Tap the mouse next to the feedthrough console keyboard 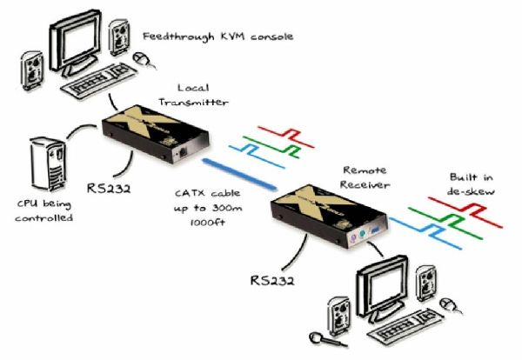pos(141,57)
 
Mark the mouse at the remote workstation pos(450,303)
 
